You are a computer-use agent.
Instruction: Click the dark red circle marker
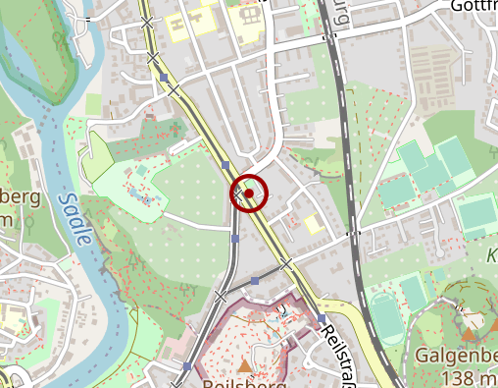[x=249, y=194]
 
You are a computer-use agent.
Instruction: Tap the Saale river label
[x=75, y=218]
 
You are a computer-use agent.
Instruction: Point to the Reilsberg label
[x=245, y=382]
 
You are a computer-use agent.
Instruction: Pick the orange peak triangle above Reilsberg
[x=244, y=365]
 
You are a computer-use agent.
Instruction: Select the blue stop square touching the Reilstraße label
[x=321, y=319]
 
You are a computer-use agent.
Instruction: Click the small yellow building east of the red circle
[x=313, y=224]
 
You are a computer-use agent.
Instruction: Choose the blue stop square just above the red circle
[x=225, y=165]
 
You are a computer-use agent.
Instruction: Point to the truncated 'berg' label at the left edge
[x=20, y=197]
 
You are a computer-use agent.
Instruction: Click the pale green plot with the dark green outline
[x=98, y=158]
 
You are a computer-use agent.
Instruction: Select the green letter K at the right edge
[x=492, y=254]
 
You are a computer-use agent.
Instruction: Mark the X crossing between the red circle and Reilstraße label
[x=285, y=264]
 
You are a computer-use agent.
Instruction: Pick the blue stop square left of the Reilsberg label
[x=186, y=367]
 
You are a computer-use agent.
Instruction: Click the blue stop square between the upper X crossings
[x=164, y=77]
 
